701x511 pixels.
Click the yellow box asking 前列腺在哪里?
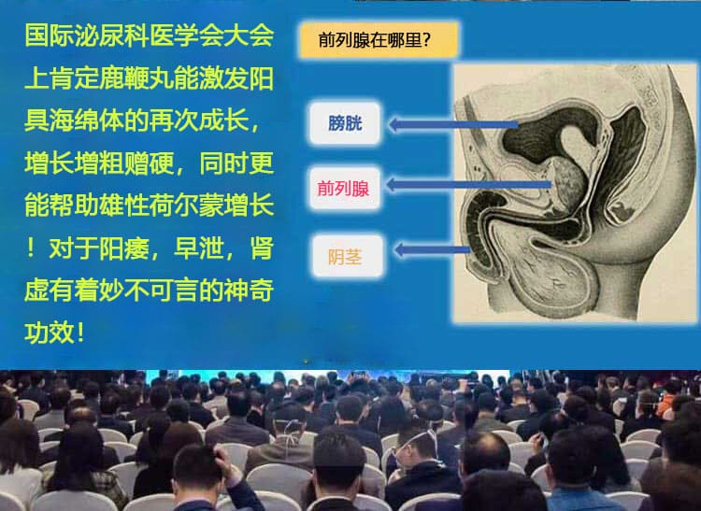[x=379, y=40]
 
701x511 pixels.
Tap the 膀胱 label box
[x=345, y=123]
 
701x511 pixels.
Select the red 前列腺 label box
[x=345, y=188]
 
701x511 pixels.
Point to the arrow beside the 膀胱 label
[x=453, y=124]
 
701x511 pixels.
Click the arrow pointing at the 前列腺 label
[x=468, y=184]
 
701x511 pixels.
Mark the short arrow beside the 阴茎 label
[x=432, y=249]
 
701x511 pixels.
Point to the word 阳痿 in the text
[x=124, y=248]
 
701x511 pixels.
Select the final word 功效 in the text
[x=50, y=333]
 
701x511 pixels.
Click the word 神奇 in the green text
[x=249, y=291]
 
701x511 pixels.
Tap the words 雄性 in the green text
[x=124, y=206]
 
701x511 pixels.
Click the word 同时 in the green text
[x=224, y=163]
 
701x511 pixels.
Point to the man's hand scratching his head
[x=223, y=463]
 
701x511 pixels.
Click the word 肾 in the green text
[x=262, y=248]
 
